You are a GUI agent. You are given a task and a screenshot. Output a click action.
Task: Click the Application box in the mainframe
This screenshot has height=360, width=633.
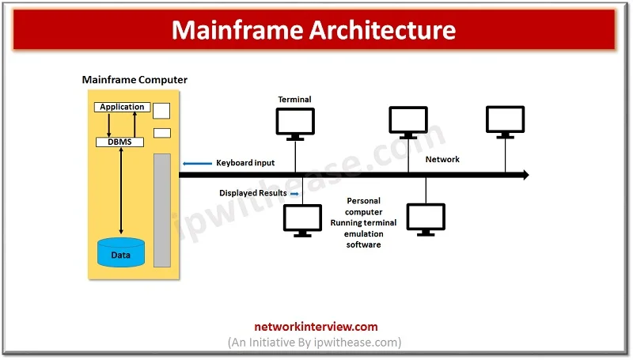click(122, 107)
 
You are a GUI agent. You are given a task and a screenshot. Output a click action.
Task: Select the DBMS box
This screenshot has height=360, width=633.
click(120, 142)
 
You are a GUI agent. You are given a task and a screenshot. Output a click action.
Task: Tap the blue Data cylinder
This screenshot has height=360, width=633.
click(120, 252)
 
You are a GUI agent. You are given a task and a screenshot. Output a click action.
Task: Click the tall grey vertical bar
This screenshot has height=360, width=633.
click(162, 210)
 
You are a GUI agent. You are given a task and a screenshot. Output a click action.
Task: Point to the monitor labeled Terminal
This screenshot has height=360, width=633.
click(295, 123)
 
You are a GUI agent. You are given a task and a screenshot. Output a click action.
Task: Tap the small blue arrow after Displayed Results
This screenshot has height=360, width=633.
click(294, 193)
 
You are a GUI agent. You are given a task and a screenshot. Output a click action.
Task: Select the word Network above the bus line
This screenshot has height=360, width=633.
click(442, 160)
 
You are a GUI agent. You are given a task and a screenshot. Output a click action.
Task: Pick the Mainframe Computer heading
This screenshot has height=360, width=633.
click(135, 80)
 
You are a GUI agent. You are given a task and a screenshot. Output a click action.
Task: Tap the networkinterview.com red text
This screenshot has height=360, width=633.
click(316, 326)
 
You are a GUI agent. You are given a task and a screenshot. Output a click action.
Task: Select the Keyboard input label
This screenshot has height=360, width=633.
click(245, 163)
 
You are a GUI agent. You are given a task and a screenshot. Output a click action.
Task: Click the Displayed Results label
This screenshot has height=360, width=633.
click(253, 193)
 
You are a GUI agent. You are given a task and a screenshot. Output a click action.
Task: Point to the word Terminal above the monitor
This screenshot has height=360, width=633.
click(294, 100)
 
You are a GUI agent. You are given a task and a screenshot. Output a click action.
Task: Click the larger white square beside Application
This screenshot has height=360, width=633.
click(161, 110)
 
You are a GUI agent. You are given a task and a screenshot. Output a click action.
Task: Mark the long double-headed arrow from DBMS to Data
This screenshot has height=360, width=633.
click(120, 190)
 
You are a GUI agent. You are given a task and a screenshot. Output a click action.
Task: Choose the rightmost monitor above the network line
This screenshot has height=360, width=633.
click(505, 120)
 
